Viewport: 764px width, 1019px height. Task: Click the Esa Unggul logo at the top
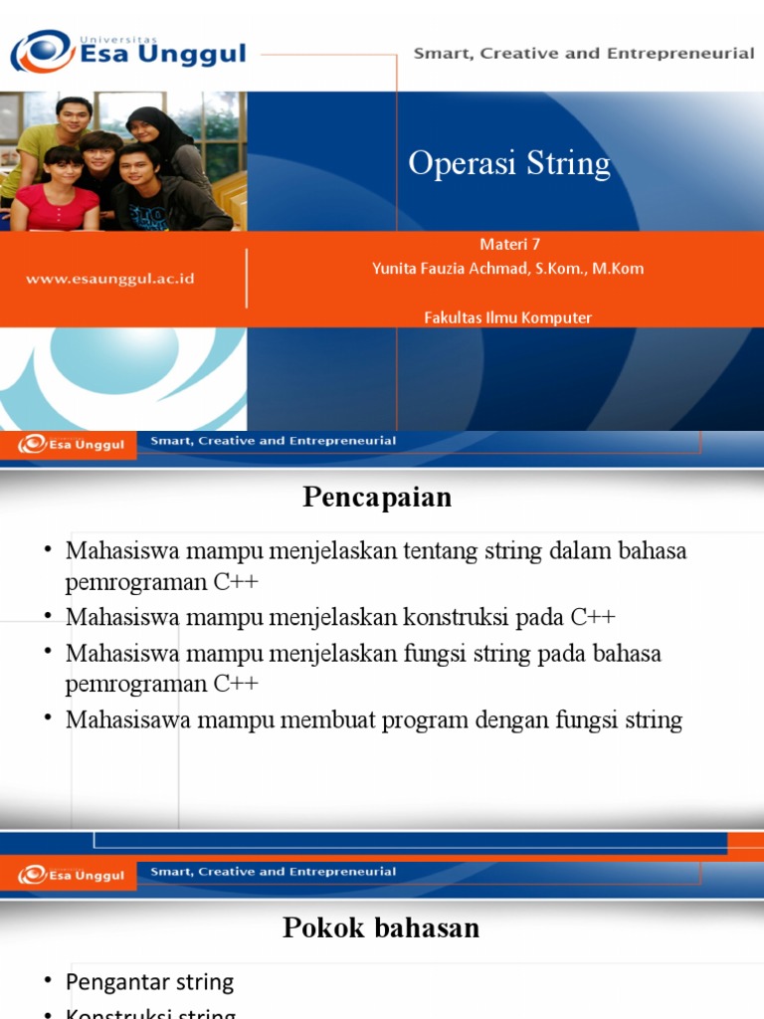click(127, 51)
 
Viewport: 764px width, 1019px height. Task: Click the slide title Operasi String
click(509, 163)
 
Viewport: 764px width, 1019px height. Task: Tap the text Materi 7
click(509, 245)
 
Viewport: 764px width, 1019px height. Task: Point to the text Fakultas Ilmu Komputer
click(507, 317)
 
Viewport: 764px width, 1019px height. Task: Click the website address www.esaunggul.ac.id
click(110, 280)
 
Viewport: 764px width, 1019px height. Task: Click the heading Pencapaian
click(377, 498)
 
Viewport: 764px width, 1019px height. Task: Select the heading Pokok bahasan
click(381, 928)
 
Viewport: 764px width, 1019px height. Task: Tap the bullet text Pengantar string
click(149, 982)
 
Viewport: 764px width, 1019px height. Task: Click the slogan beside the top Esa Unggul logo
click(584, 54)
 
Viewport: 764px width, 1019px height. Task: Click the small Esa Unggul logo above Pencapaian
click(71, 444)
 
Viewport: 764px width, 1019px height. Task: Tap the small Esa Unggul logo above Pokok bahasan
click(71, 875)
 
